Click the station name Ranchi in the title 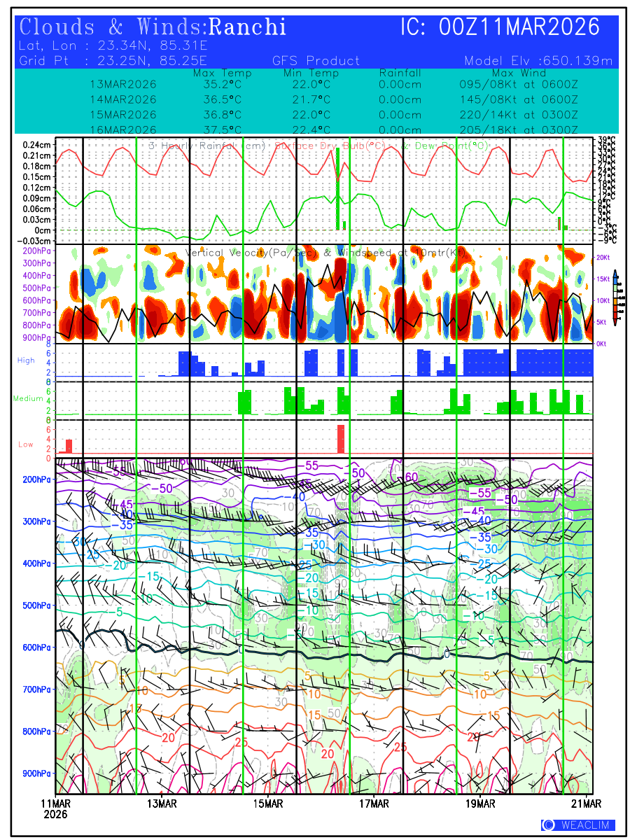tap(248, 27)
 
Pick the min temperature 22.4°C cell tap(311, 129)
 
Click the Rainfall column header tap(400, 73)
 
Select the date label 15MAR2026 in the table tap(123, 114)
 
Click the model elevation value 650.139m tap(578, 61)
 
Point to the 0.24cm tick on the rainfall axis tap(37, 145)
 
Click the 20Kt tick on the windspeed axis tap(603, 258)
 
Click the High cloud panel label tap(26, 360)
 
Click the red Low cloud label tap(26, 444)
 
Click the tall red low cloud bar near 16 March tap(340, 439)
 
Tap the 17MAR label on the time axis tap(374, 803)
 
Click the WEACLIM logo tap(577, 825)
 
